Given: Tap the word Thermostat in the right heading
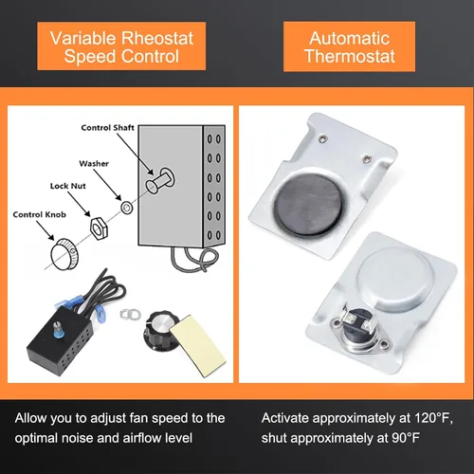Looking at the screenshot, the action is [350, 57].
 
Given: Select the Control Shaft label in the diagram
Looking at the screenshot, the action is [107, 128].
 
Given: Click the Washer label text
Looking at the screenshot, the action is [94, 163].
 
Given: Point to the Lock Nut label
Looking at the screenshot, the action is [68, 186].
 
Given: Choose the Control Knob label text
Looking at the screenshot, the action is [40, 214].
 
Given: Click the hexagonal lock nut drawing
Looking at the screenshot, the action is [99, 228].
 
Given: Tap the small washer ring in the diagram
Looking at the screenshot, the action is [127, 208].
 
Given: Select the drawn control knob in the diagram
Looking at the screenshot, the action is [64, 254].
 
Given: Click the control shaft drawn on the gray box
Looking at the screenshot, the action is [160, 181].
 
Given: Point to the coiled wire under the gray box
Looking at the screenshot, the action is [194, 259].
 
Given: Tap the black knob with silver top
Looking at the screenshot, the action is [162, 331].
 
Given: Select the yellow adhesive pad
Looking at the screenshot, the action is [197, 345].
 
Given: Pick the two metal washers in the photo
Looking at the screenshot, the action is [131, 314].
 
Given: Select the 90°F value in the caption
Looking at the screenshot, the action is [406, 438].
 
